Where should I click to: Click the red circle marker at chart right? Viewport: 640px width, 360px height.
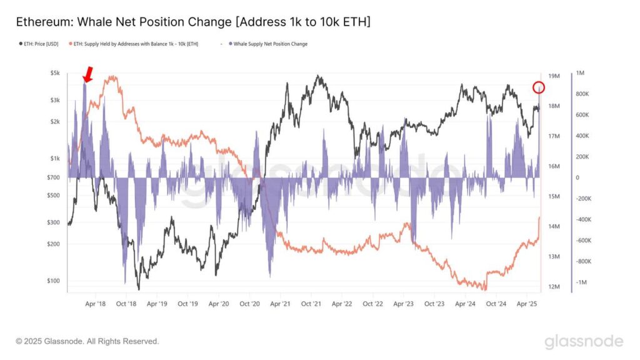(x=539, y=87)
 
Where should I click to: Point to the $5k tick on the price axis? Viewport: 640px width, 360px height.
(x=55, y=73)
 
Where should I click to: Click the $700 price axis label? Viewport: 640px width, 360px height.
(x=54, y=177)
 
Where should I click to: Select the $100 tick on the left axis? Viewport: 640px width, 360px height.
(x=54, y=281)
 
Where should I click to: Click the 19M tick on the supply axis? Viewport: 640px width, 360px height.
(x=553, y=76)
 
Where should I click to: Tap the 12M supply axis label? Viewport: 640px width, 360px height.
(x=553, y=287)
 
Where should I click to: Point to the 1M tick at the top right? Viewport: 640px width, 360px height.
(x=580, y=73)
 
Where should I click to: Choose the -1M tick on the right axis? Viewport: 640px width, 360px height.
(x=581, y=282)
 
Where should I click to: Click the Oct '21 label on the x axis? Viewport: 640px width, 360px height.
(x=311, y=304)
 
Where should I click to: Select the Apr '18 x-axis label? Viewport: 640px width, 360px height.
(x=96, y=304)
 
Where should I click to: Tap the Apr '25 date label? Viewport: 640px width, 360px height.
(x=527, y=304)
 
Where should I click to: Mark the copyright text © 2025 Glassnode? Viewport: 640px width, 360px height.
(x=87, y=341)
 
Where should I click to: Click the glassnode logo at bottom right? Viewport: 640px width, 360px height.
(x=583, y=341)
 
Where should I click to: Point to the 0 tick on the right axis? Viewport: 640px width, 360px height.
(x=577, y=177)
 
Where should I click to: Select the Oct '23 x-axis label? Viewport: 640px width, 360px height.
(x=434, y=304)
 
